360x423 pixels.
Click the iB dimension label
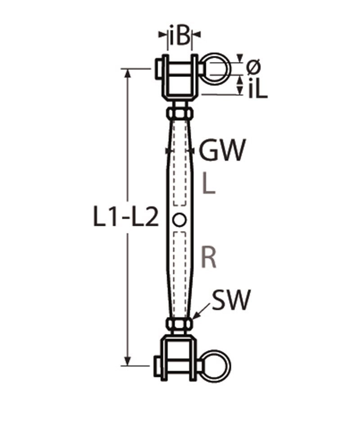180,36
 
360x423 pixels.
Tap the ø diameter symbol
253,67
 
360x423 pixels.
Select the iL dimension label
257,90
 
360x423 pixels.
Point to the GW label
223,150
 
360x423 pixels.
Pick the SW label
230,300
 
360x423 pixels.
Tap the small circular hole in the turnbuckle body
180,220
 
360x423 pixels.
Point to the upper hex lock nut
180,111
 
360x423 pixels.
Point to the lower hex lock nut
180,323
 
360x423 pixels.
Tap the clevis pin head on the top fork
159,69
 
